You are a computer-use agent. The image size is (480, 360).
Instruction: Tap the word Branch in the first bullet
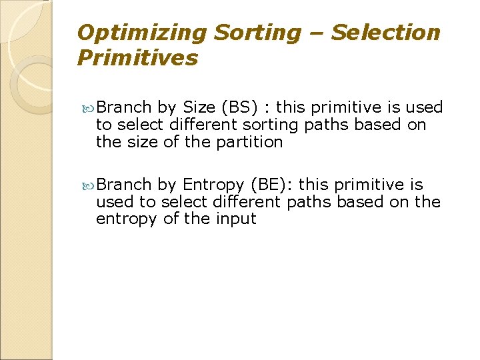(124, 107)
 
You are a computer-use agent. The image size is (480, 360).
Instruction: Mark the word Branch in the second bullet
(124, 184)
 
